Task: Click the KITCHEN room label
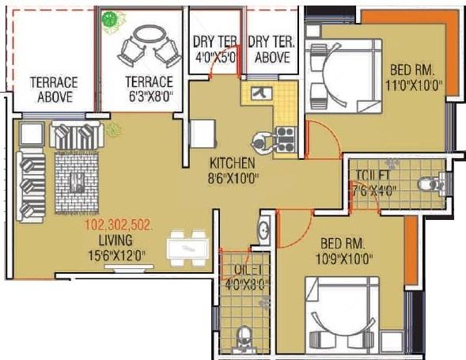232,162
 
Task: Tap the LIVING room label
115,238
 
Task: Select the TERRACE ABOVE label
53,89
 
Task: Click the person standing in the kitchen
260,143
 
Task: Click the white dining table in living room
188,252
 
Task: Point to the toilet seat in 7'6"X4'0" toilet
426,184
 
